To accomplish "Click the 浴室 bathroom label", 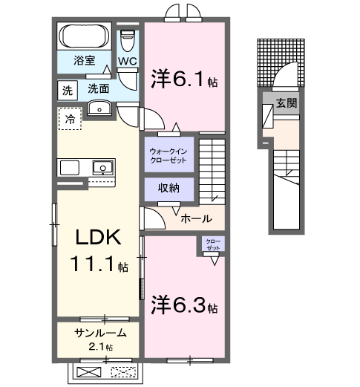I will [x=83, y=61].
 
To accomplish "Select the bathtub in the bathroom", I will [x=83, y=36].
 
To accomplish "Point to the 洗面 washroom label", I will [x=99, y=88].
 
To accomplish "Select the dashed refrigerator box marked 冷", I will [x=70, y=119].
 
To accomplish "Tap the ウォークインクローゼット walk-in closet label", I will [x=169, y=156].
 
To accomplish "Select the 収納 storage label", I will [x=168, y=189].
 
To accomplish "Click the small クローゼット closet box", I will [x=213, y=245].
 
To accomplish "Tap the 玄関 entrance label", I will [x=287, y=103].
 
